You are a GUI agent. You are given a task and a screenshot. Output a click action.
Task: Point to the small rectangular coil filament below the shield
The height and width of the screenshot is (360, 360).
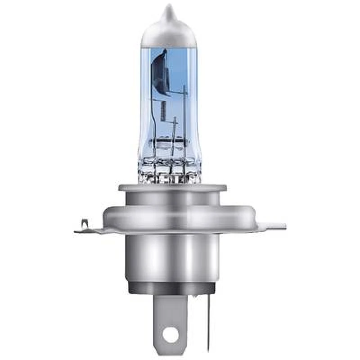(162, 109)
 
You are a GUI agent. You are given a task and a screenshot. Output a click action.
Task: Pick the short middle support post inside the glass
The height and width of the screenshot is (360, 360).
(175, 128)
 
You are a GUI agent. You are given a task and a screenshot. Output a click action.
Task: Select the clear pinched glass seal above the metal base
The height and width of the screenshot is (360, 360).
(169, 169)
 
